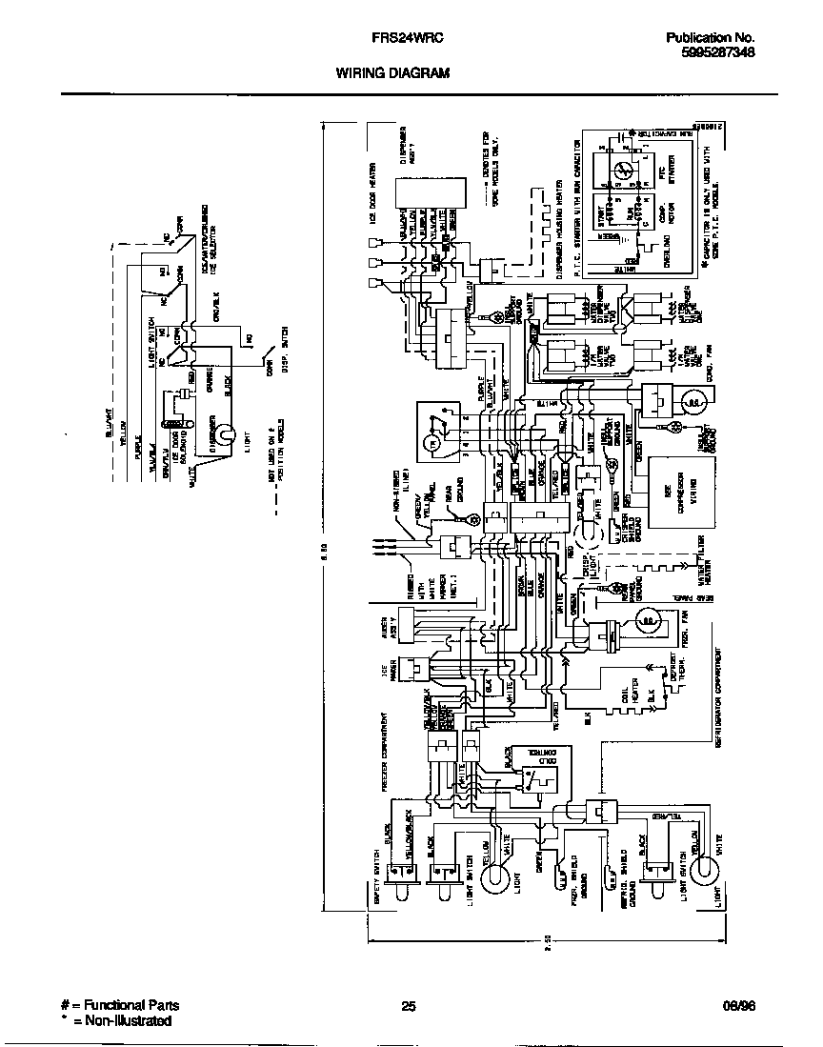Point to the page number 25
point(409,1005)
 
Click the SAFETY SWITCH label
point(377,880)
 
